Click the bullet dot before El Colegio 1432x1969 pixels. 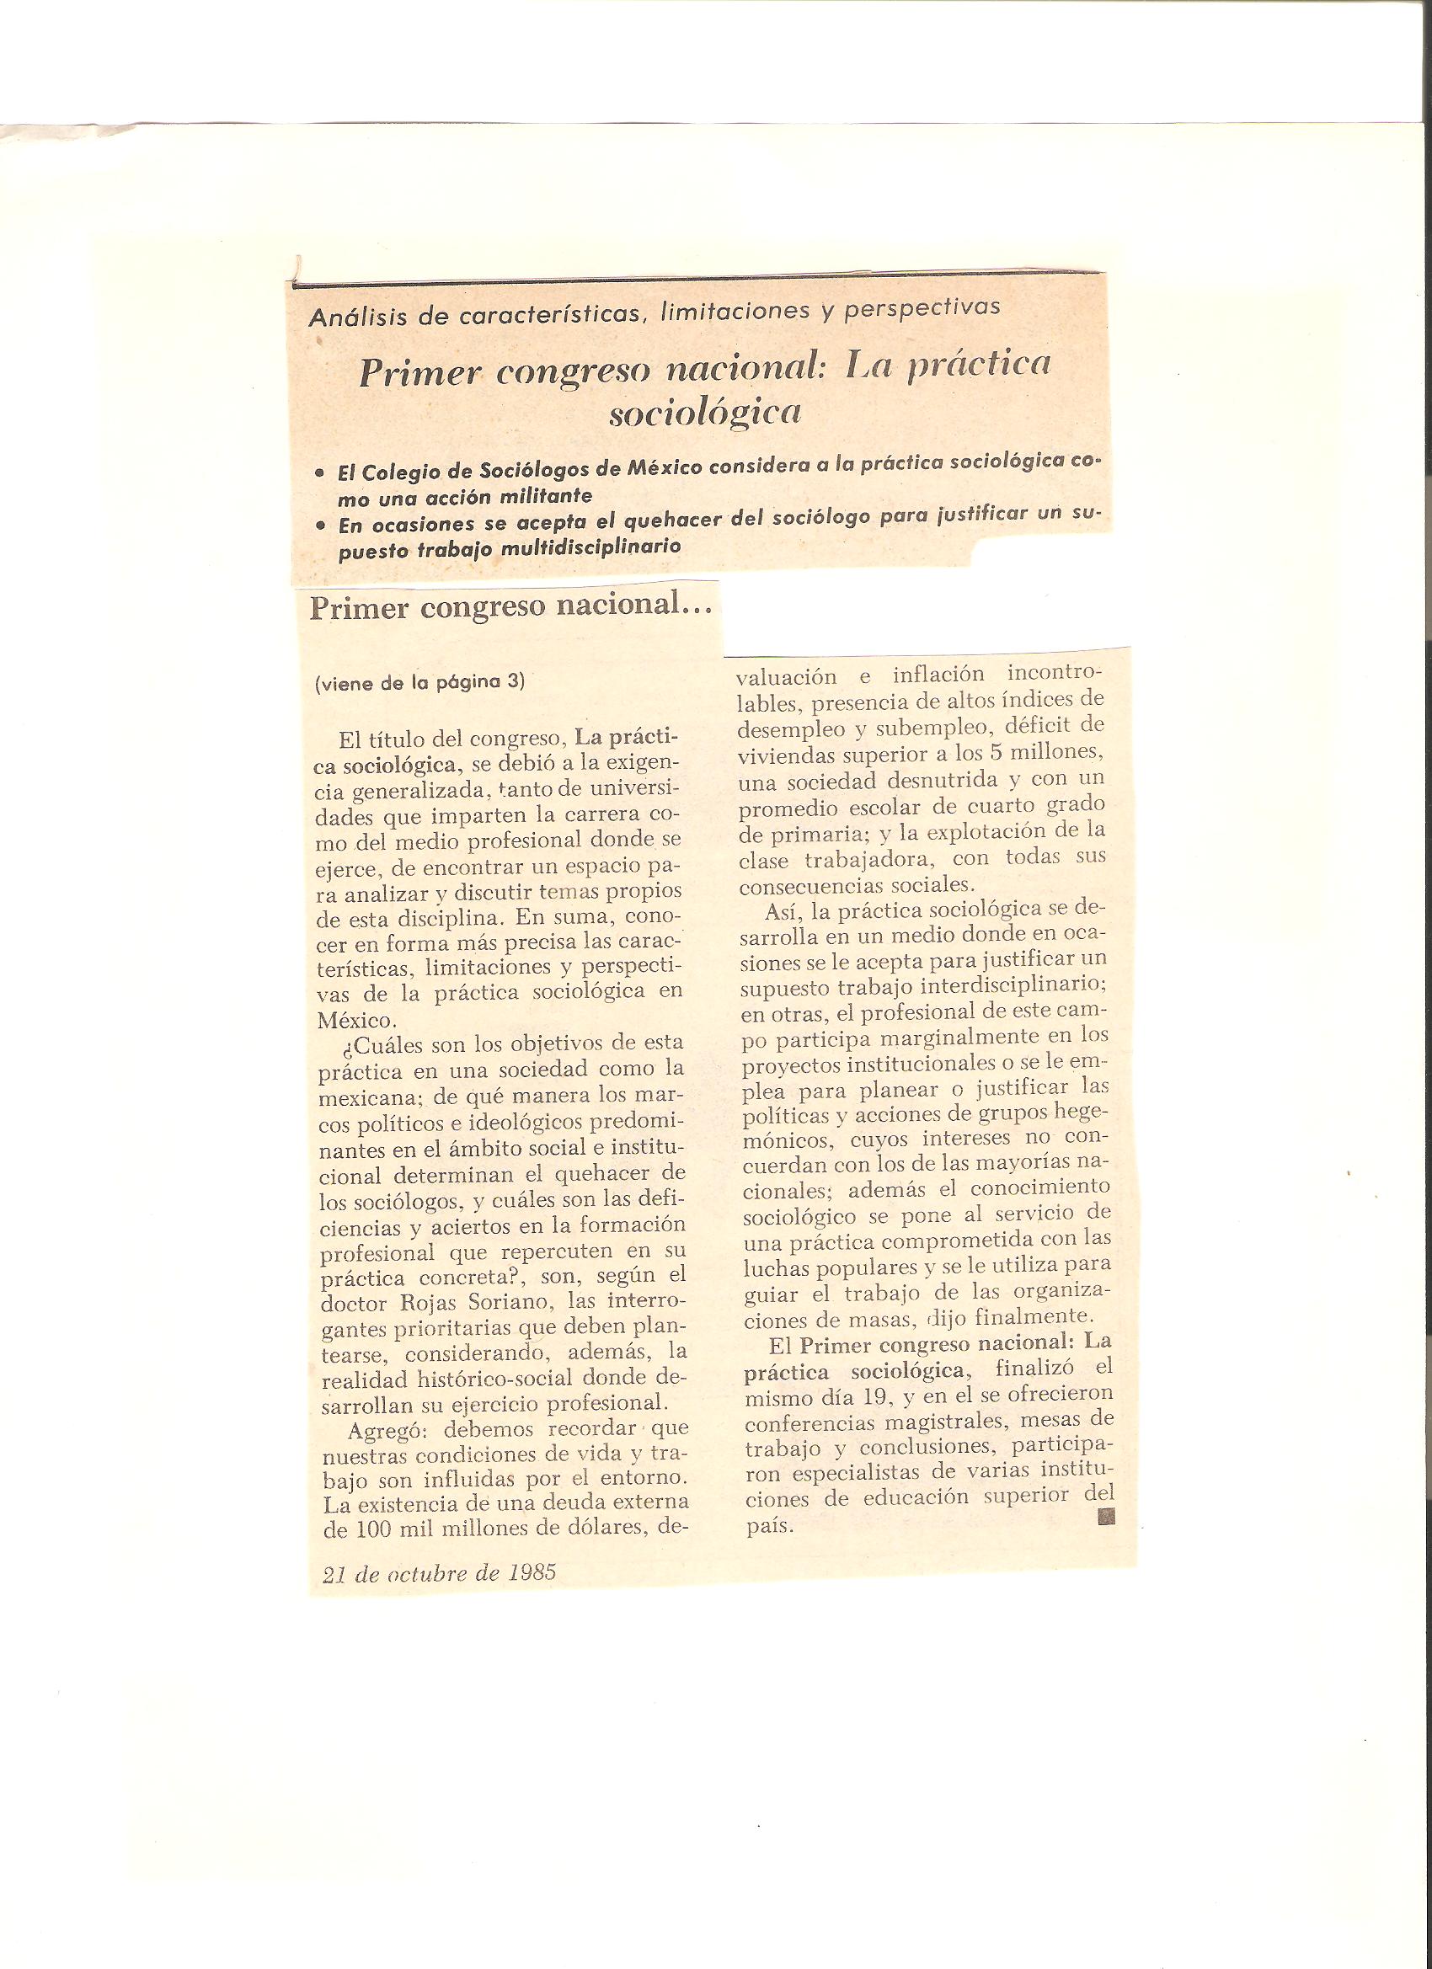[320, 474]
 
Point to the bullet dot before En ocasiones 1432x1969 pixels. [321, 526]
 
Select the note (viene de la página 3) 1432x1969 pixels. [420, 682]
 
